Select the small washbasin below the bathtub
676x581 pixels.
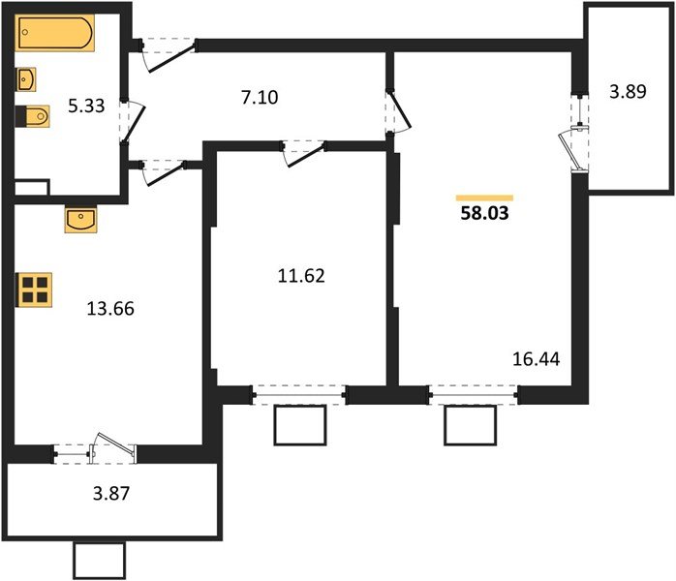click(x=27, y=77)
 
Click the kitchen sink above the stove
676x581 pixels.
click(x=81, y=220)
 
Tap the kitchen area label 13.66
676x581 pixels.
click(x=109, y=310)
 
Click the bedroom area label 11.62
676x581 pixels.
click(x=299, y=275)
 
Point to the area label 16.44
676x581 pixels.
click(x=536, y=360)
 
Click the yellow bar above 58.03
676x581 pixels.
click(x=483, y=197)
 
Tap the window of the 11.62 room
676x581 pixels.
click(x=298, y=393)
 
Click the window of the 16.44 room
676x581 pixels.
click(x=472, y=393)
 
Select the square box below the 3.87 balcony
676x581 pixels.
click(x=99, y=561)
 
